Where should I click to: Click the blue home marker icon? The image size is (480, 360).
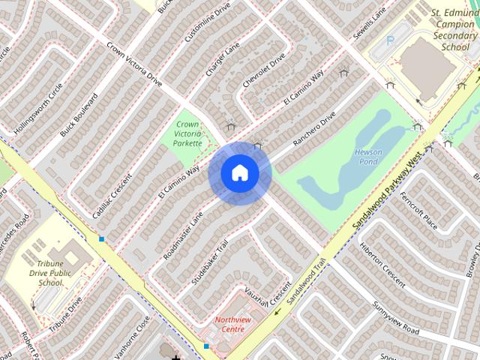point(240,173)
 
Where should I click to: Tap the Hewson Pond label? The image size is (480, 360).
point(368,157)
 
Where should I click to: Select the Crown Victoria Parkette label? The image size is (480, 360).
point(187,133)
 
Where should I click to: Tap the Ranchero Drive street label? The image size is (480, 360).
point(314,129)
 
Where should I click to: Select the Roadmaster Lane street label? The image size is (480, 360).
point(183,235)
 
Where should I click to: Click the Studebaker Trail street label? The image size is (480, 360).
point(210,259)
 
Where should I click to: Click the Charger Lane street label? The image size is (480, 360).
point(222,59)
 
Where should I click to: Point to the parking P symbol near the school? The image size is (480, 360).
point(389,40)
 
